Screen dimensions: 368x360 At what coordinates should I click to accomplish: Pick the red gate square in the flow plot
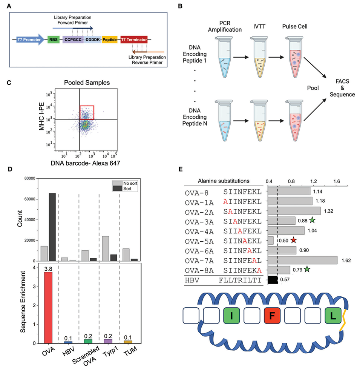(x=87, y=112)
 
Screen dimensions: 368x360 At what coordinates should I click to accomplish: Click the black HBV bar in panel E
(x=273, y=280)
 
